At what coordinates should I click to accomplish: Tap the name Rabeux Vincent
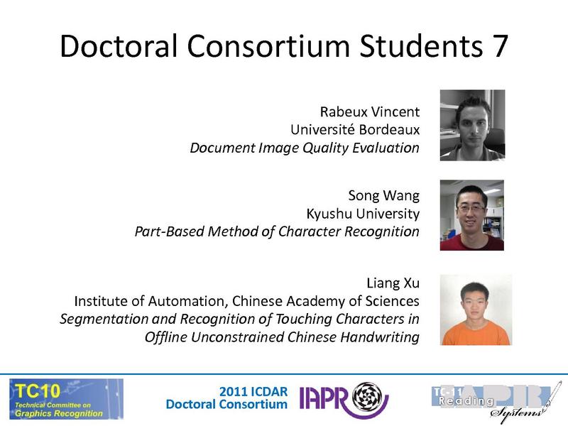tap(370, 111)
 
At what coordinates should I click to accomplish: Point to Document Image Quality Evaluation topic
tap(305, 148)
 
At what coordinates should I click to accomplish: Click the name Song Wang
tap(383, 195)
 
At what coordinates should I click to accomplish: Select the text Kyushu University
tap(363, 213)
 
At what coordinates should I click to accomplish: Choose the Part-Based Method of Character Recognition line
tap(277, 231)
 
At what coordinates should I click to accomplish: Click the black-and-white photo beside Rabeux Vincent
tap(472, 125)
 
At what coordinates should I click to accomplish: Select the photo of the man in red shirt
tap(472, 215)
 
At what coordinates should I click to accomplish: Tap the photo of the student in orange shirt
tap(476, 310)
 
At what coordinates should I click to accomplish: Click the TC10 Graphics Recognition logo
tap(65, 398)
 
